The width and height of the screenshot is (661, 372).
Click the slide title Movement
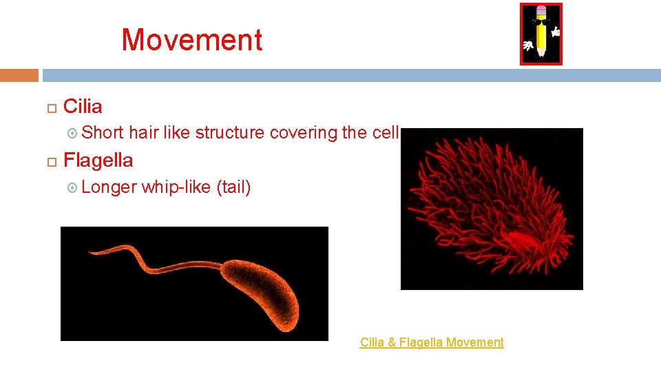[x=192, y=40]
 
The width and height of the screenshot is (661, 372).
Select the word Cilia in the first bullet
[x=83, y=107]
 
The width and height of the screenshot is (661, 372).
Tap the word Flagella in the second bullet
[x=98, y=161]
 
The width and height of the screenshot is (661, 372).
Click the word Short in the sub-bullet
[x=103, y=132]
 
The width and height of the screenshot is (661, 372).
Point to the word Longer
[x=110, y=187]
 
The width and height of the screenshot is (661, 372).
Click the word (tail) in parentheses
[x=233, y=187]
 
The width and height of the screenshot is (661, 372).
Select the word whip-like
[x=176, y=187]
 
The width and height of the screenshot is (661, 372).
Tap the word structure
[x=230, y=132]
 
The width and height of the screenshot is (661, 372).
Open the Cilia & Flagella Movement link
[x=432, y=342]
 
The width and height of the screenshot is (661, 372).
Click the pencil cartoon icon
[x=541, y=34]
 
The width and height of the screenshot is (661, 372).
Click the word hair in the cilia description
[x=144, y=132]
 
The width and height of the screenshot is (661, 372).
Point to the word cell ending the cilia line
[x=386, y=132]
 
